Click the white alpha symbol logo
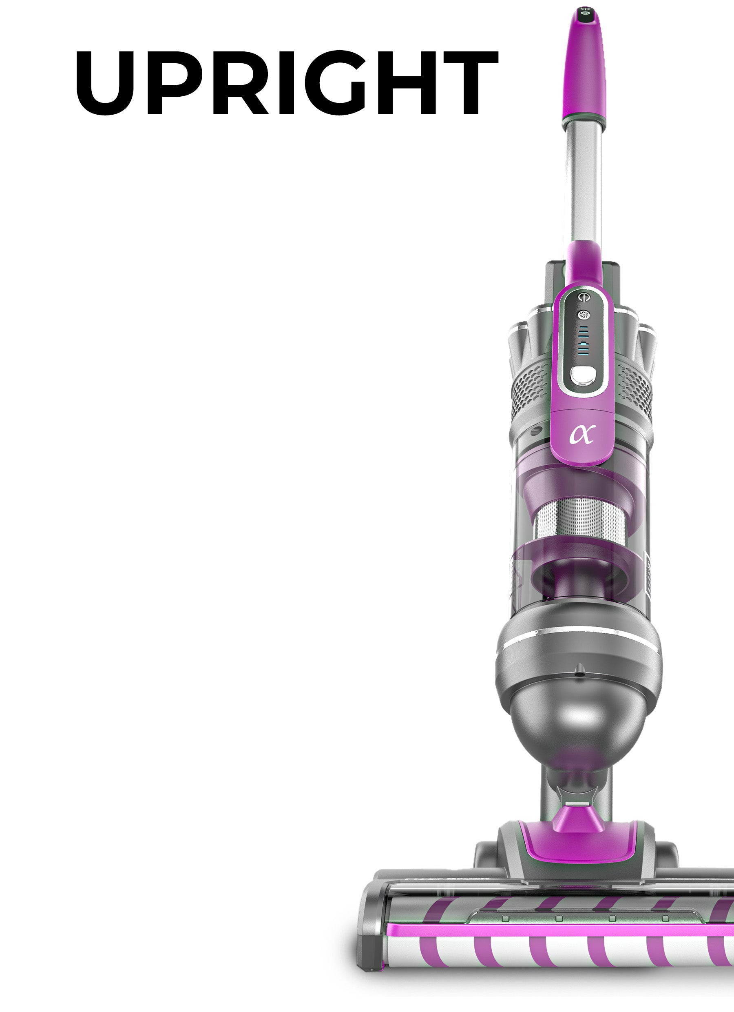pyautogui.click(x=582, y=434)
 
